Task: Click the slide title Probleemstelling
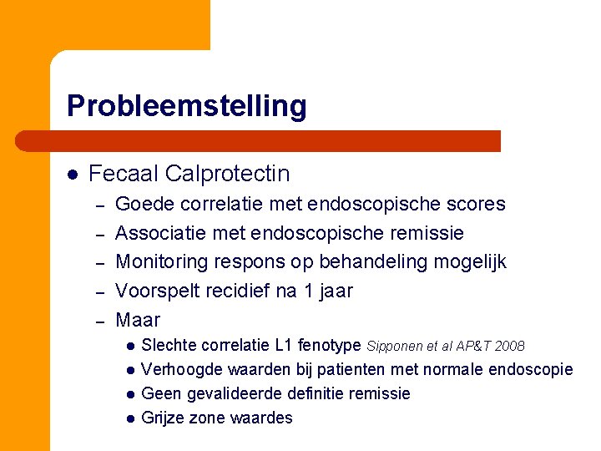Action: point(187,106)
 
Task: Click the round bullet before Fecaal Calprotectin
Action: point(73,175)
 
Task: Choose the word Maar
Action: point(138,320)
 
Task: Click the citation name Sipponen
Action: point(396,346)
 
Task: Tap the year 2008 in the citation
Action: point(509,346)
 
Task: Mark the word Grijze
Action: point(164,418)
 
